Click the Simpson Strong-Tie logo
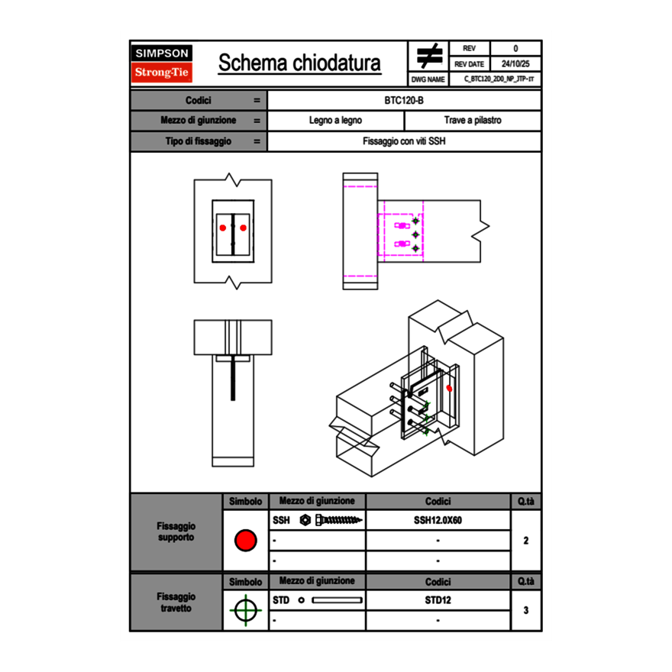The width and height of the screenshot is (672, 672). tap(163, 64)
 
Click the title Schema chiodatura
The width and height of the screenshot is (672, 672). tap(299, 63)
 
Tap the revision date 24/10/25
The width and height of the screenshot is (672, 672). tap(515, 64)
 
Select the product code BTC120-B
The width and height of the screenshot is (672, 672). tap(405, 101)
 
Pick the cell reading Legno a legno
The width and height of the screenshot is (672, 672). tap(335, 121)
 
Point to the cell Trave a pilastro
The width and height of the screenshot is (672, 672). tap(472, 121)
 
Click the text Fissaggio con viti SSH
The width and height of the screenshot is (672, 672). tap(404, 141)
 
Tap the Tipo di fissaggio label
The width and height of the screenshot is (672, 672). tap(199, 141)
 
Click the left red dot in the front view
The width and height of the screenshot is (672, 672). tap(223, 228)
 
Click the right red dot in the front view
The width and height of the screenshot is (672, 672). tap(243, 228)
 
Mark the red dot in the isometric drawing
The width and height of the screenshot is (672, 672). tap(449, 388)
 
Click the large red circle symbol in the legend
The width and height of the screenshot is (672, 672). tap(245, 541)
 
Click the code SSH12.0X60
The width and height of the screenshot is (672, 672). tap(438, 520)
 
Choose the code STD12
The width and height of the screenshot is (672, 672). tap(438, 600)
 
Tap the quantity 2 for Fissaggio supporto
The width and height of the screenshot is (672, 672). tap(525, 541)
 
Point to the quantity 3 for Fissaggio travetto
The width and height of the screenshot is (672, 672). tap(525, 610)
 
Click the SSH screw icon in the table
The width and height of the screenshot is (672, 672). tap(332, 520)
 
